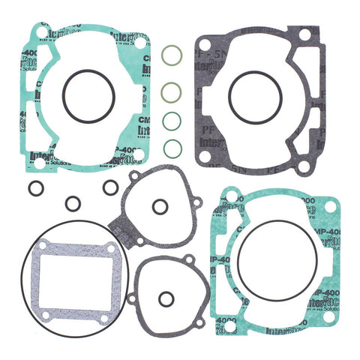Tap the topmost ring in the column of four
(172, 55)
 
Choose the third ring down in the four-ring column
(172, 120)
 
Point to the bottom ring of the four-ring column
(172, 147)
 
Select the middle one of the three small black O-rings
(73, 203)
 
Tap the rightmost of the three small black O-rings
(110, 187)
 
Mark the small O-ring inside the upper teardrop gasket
(159, 207)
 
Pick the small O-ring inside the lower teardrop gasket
(166, 299)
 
